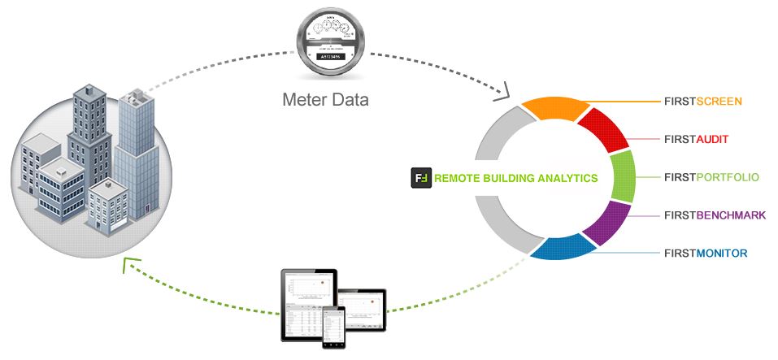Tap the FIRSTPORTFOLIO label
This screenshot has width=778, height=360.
(x=711, y=176)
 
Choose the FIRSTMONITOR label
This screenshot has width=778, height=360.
(x=705, y=254)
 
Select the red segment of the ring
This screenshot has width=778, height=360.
(x=600, y=131)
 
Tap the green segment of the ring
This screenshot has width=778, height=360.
(x=623, y=176)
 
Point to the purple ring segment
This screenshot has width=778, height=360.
(x=607, y=223)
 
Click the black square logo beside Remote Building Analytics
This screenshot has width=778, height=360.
(x=420, y=177)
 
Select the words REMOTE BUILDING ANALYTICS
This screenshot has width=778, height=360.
(x=516, y=178)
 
